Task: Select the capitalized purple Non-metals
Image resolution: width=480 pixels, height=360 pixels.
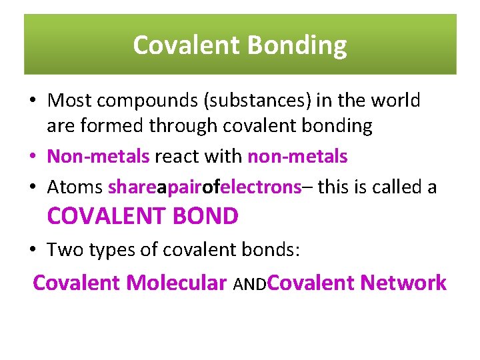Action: click(99, 157)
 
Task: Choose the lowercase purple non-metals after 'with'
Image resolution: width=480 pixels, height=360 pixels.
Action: click(297, 157)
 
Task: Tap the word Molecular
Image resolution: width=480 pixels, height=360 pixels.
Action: click(177, 283)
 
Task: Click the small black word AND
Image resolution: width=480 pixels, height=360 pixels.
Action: click(250, 285)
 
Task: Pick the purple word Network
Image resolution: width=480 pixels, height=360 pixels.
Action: click(403, 283)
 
